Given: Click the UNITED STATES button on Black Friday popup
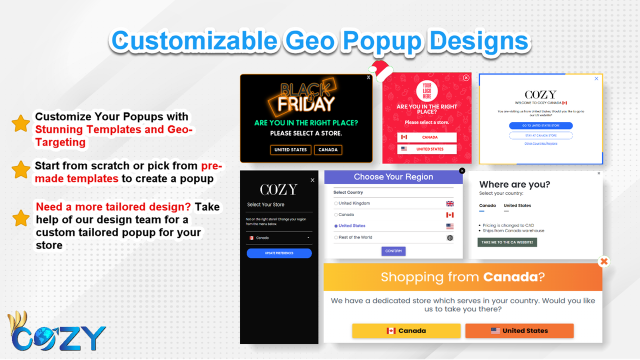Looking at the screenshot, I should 290,149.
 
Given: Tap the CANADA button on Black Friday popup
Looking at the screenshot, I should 328,149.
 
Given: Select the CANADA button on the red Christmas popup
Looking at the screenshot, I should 427,137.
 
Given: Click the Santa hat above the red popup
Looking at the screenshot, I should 382,71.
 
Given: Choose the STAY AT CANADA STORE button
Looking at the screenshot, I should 540,135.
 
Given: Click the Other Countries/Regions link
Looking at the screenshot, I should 540,143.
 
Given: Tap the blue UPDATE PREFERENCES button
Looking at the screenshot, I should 279,253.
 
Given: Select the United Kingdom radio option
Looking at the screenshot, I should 336,203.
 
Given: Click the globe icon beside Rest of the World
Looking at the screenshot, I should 450,237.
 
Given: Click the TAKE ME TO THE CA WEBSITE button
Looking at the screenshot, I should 507,242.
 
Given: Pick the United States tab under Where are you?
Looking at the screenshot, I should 517,205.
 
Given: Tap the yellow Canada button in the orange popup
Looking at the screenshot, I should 406,330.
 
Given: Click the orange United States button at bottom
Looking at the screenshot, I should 519,330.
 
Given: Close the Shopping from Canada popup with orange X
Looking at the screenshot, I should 604,261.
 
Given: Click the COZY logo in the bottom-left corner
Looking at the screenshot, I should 57,332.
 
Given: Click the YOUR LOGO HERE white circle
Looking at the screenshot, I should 427,91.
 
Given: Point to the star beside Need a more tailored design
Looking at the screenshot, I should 21,218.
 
